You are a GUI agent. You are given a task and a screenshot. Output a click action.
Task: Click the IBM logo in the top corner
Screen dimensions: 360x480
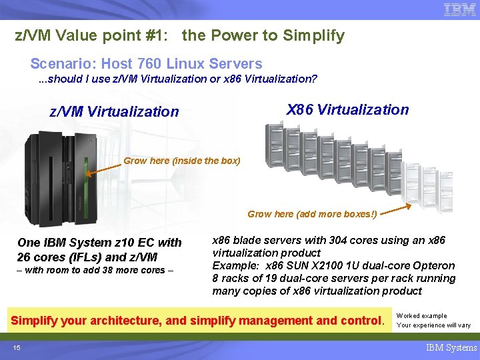click(459, 10)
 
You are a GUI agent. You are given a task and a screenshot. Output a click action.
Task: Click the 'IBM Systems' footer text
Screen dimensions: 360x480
click(451, 347)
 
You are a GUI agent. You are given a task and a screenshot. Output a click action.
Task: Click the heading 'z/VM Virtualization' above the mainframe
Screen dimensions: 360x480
click(114, 111)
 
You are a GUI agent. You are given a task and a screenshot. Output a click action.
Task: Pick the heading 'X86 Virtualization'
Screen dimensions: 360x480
click(347, 109)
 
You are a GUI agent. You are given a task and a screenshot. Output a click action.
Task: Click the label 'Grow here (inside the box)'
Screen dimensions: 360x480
click(182, 161)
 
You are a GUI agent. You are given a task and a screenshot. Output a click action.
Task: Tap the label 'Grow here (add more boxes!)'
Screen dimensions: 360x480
click(312, 214)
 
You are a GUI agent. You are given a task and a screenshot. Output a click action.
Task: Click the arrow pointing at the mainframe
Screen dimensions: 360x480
click(103, 167)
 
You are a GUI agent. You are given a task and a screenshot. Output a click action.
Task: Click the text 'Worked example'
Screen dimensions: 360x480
click(421, 316)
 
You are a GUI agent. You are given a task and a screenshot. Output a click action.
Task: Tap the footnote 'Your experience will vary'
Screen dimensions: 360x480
click(433, 325)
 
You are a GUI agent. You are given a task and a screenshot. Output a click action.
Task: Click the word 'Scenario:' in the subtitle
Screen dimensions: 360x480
click(60, 64)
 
